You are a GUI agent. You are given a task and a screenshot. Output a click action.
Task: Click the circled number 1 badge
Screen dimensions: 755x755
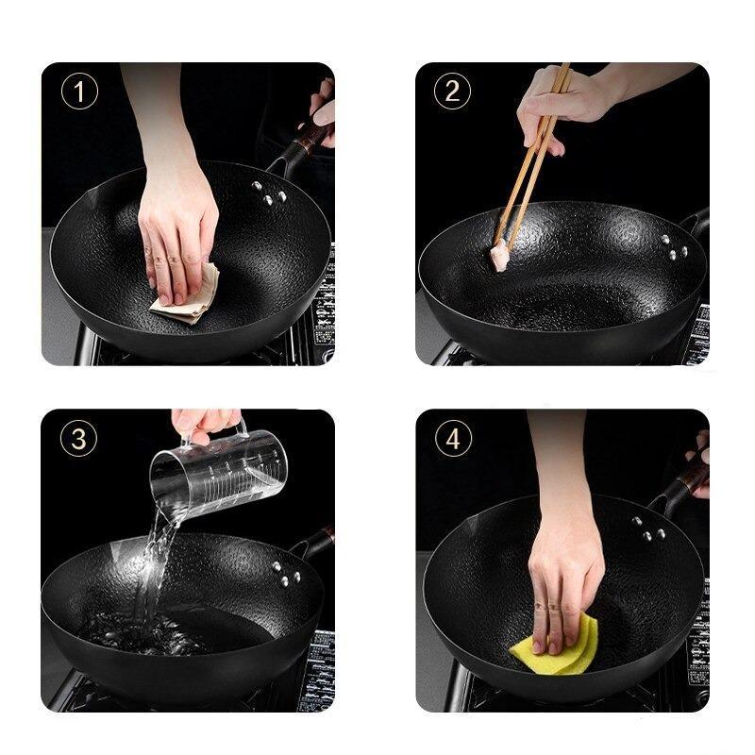[x=79, y=92]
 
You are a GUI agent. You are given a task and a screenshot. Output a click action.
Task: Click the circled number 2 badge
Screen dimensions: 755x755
[x=452, y=92]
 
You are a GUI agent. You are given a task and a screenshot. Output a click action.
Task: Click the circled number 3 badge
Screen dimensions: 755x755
[x=79, y=438]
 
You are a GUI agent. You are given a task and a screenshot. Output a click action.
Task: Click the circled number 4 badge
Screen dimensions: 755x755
[x=452, y=438]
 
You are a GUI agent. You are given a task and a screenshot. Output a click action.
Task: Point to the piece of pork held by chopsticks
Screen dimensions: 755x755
[x=499, y=257]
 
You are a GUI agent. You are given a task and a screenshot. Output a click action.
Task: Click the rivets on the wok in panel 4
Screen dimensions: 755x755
[x=646, y=528]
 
